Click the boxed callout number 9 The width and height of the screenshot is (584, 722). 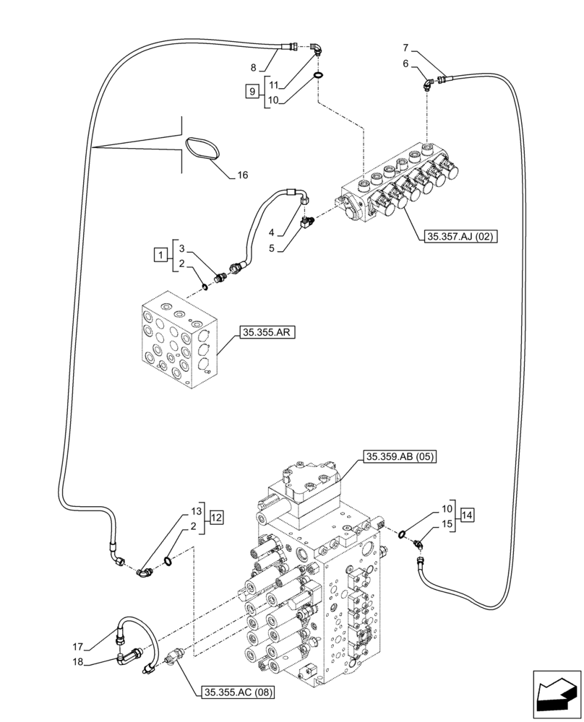point(252,92)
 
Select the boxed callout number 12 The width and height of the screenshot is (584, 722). point(218,517)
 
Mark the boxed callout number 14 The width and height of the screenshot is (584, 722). point(467,516)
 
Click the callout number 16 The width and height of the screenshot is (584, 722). point(242,175)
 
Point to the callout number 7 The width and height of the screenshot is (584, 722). point(405,48)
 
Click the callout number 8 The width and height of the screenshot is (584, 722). point(254,68)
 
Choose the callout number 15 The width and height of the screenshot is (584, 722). point(448,523)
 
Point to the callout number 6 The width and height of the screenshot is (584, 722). point(405,64)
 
